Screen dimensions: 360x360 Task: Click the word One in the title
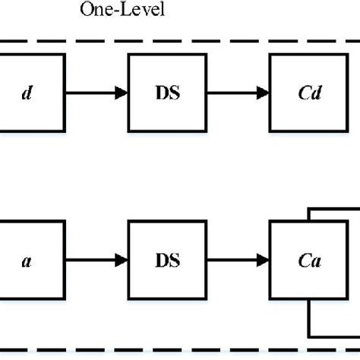93,11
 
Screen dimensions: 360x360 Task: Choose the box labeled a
27,261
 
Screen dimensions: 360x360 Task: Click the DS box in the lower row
167,261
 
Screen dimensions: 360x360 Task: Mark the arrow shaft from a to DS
87,261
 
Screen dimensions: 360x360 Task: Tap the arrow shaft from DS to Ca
228,261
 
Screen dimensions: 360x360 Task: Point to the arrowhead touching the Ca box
263,261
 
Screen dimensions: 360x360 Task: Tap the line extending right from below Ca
334,336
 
